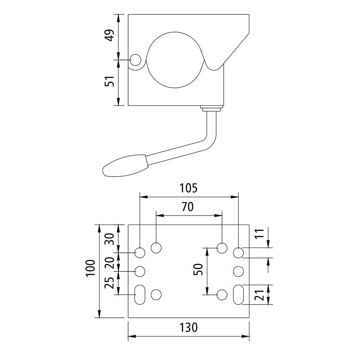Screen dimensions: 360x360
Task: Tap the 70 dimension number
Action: coord(188,207)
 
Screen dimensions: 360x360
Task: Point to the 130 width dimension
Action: coord(188,328)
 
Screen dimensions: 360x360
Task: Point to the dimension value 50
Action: coord(198,269)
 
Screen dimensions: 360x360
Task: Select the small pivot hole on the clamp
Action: coord(135,60)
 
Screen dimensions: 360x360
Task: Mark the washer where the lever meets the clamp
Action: coord(212,108)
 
